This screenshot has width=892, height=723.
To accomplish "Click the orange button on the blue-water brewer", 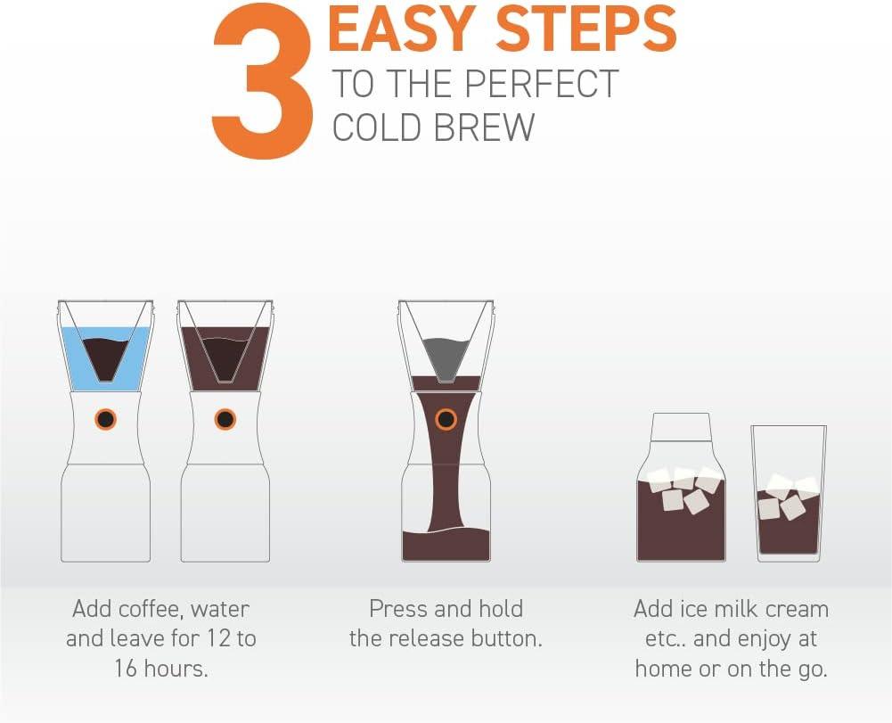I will (105, 418).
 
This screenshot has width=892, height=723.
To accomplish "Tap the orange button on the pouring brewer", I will (445, 418).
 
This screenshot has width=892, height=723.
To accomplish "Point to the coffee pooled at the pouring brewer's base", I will (446, 544).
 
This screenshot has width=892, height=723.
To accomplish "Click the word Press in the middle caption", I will (398, 610).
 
